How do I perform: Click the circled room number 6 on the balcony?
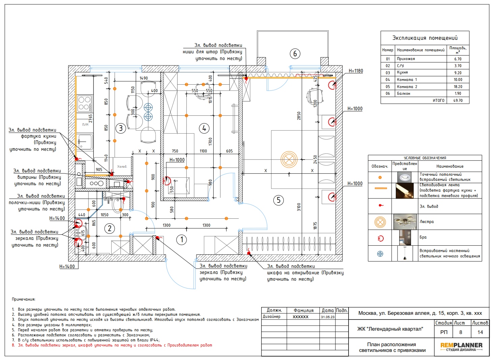tap(295, 53)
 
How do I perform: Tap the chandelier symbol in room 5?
tap(289, 160)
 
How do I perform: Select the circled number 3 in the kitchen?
tap(120, 128)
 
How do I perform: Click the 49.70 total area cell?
tap(458, 101)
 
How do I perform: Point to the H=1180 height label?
tap(356, 71)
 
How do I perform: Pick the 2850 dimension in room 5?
tap(299, 116)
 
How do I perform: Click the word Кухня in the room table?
tap(402, 73)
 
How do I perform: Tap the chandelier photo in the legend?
tap(405, 222)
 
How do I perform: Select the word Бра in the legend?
tap(423, 237)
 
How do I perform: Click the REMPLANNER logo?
tap(461, 347)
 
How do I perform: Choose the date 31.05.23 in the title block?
tap(328, 317)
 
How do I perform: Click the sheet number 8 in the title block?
tap(461, 332)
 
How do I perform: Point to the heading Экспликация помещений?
tap(425, 38)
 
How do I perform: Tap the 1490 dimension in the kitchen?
tap(144, 78)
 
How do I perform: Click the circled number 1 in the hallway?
tap(182, 240)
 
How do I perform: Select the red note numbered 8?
tap(112, 345)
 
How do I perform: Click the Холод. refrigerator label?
tap(122, 167)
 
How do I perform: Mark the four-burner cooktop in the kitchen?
tap(84, 104)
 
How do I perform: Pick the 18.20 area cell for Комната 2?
tap(458, 87)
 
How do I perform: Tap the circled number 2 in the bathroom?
tap(110, 229)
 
